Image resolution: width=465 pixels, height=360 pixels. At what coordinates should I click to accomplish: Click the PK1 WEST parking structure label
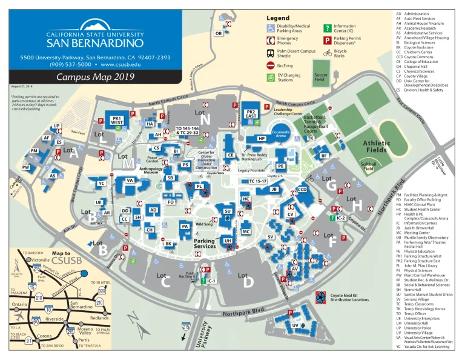tap(117, 120)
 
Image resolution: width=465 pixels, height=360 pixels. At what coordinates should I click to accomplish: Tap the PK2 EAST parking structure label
tap(250, 115)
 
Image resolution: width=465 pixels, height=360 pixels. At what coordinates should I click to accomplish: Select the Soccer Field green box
tap(320, 77)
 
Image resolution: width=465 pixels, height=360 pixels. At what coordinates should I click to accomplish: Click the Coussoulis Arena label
tap(280, 134)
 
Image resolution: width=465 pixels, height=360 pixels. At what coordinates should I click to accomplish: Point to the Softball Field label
tap(368, 167)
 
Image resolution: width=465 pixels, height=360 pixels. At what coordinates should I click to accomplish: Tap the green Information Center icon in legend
tap(327, 28)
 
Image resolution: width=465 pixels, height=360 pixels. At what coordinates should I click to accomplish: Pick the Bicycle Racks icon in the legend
tap(327, 53)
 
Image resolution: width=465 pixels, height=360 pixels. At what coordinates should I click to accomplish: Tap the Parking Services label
tap(205, 244)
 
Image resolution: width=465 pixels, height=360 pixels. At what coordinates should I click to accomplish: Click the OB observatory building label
tap(219, 33)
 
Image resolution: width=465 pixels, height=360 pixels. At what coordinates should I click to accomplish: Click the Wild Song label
tap(204, 224)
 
